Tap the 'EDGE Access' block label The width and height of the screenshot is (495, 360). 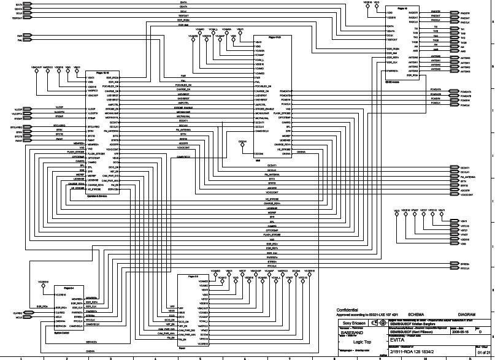393,81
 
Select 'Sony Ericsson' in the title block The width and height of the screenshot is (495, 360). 353,322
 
